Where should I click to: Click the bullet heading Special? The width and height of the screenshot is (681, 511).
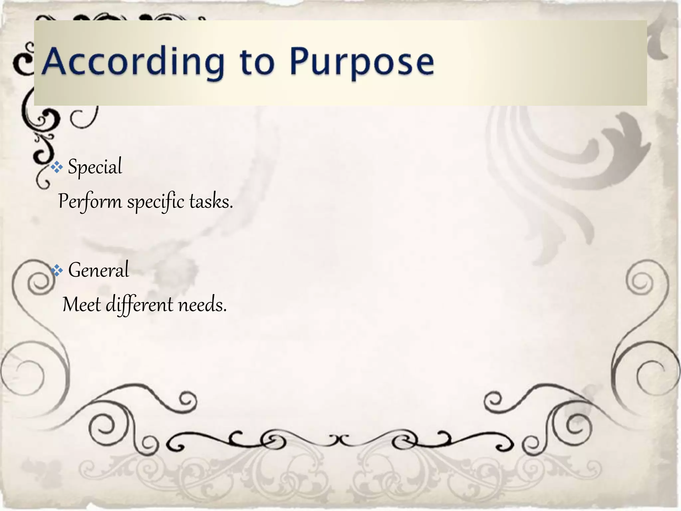tap(95, 167)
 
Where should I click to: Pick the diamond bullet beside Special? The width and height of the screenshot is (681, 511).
tap(57, 167)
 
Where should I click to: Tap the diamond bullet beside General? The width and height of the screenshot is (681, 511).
tap(57, 270)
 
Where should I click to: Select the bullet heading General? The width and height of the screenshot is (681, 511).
tap(98, 270)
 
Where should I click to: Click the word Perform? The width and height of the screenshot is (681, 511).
tap(90, 202)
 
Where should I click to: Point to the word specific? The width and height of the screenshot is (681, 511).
tap(156, 202)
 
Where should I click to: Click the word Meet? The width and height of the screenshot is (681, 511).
tap(81, 305)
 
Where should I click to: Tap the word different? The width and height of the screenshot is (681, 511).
tap(140, 305)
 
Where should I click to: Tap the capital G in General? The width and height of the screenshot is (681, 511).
tap(75, 270)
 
